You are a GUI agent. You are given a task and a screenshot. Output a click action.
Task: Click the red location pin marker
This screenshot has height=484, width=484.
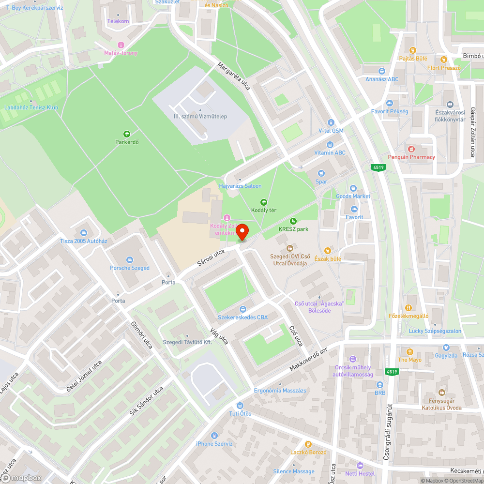tap(242, 231)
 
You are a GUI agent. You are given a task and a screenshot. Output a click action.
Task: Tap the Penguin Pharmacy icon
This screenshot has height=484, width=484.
tap(411, 149)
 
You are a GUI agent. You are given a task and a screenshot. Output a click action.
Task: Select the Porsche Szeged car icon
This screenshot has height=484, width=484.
tap(129, 259)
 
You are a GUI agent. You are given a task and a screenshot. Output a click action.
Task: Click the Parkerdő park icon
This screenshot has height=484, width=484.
tap(127, 134)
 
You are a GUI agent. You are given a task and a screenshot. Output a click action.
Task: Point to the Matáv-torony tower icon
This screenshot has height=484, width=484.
tap(121, 45)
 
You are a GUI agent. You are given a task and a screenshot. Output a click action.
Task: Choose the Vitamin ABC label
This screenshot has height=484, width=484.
tap(330, 152)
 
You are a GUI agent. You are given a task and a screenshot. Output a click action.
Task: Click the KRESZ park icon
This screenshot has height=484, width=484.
tap(293, 221)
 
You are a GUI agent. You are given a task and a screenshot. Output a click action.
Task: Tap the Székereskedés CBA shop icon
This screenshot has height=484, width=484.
tap(242, 309)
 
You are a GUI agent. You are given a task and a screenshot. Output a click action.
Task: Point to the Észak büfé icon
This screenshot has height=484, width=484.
tap(328, 250)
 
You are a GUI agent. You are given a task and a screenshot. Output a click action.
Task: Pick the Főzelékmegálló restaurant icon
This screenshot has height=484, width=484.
tap(408, 307)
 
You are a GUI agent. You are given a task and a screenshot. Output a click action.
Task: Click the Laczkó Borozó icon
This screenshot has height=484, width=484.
tap(308, 444)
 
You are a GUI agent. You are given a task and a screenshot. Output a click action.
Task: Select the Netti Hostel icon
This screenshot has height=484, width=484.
tap(360, 465)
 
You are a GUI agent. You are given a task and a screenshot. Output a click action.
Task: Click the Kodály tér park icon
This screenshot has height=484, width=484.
tap(263, 202)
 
